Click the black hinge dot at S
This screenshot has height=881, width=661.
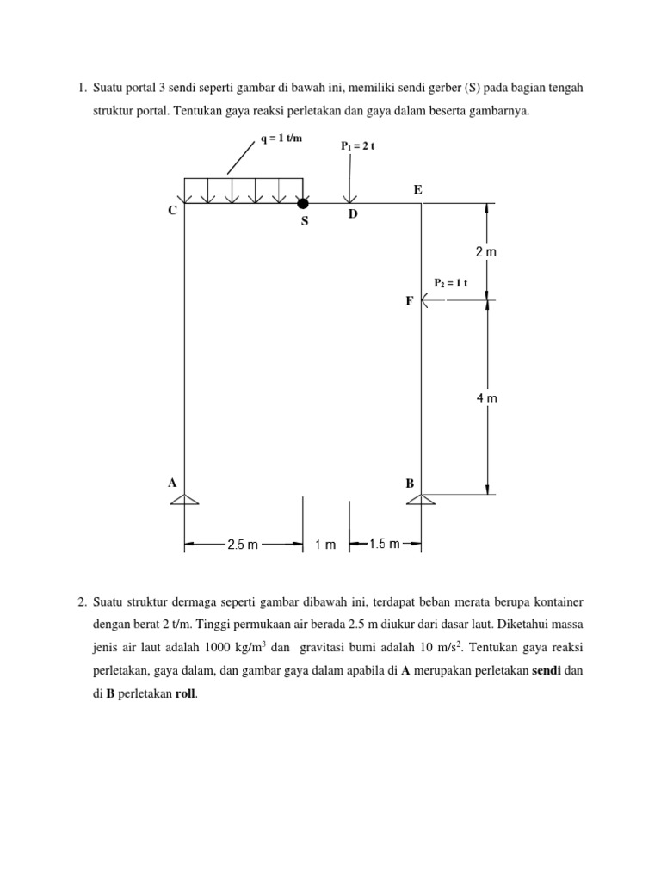pyautogui.click(x=302, y=204)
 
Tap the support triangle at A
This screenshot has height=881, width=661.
pyautogui.click(x=184, y=500)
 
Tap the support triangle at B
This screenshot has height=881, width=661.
pyautogui.click(x=420, y=500)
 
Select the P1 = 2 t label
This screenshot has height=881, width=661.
pyautogui.click(x=358, y=146)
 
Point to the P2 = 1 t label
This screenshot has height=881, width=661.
pyautogui.click(x=449, y=282)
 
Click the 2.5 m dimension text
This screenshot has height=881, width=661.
pyautogui.click(x=242, y=544)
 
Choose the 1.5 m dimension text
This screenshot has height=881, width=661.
pyautogui.click(x=384, y=544)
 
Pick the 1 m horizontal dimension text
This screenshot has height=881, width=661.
pyautogui.click(x=325, y=544)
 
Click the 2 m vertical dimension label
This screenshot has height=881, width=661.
pyautogui.click(x=486, y=253)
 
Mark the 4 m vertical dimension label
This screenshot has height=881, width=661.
pyautogui.click(x=486, y=398)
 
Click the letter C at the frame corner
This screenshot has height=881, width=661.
pyautogui.click(x=172, y=211)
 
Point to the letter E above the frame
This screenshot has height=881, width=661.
pyautogui.click(x=417, y=189)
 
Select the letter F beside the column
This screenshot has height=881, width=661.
pyautogui.click(x=410, y=301)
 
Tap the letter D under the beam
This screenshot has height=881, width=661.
pyautogui.click(x=352, y=214)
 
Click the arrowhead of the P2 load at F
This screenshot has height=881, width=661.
pyautogui.click(x=425, y=300)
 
